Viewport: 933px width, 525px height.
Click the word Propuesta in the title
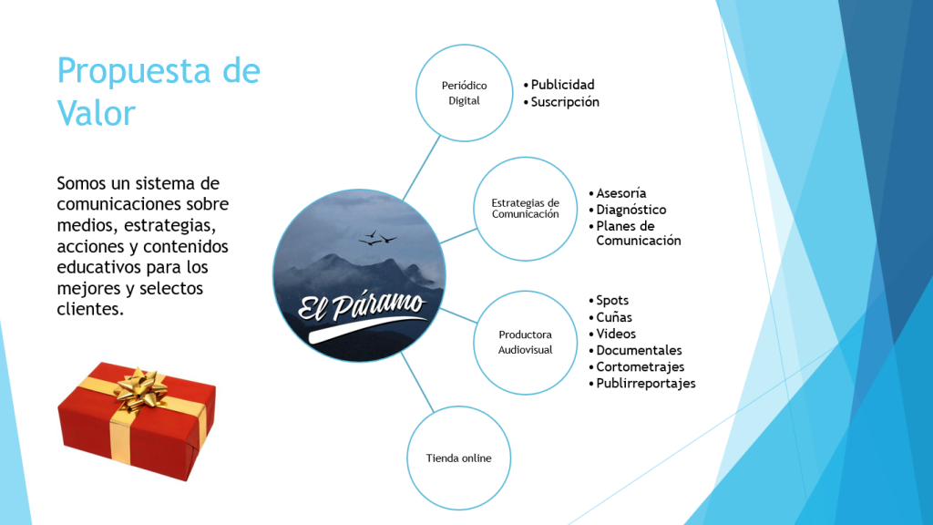point(135,71)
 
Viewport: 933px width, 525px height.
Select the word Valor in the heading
point(97,113)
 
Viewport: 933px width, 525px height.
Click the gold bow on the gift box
point(140,387)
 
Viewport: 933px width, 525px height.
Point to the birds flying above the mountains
point(377,238)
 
